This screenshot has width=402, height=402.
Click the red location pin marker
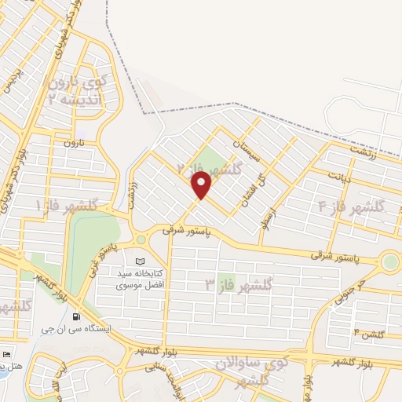point(203,185)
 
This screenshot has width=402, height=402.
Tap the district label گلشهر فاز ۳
point(239,284)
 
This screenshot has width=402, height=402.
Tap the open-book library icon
point(141,261)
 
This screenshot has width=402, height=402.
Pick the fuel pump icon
point(75,317)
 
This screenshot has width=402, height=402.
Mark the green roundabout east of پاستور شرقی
point(390,261)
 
